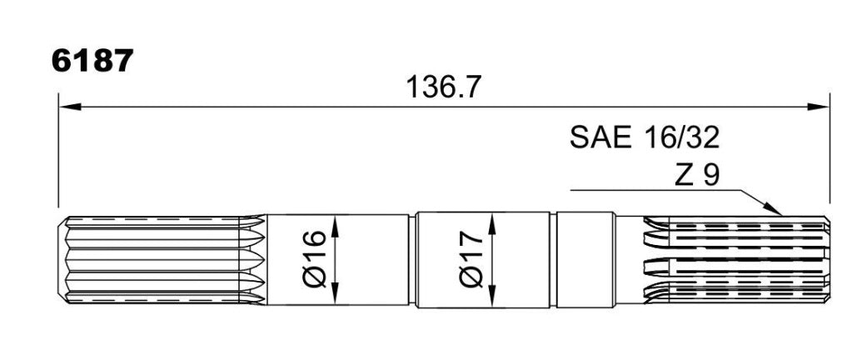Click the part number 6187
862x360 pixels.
(x=92, y=61)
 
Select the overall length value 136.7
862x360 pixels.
(x=444, y=87)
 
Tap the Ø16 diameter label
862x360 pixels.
(x=315, y=259)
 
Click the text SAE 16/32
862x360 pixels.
(x=645, y=137)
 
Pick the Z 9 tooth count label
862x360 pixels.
(x=695, y=176)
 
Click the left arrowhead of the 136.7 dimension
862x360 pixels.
(x=70, y=106)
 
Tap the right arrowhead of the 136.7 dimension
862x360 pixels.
(x=818, y=106)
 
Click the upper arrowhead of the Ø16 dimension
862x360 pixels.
(x=336, y=226)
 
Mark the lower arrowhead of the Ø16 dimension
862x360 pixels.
(x=336, y=293)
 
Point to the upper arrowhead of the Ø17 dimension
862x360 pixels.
(x=491, y=225)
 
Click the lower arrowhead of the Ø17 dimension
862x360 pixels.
(x=491, y=296)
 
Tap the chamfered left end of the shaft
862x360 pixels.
(x=62, y=260)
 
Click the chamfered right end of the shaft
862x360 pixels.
(x=827, y=260)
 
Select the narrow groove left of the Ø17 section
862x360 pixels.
(x=412, y=259)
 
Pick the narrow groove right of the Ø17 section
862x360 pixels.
(x=553, y=259)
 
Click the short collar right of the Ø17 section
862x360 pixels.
(x=585, y=259)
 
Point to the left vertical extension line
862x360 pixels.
(x=58, y=150)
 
